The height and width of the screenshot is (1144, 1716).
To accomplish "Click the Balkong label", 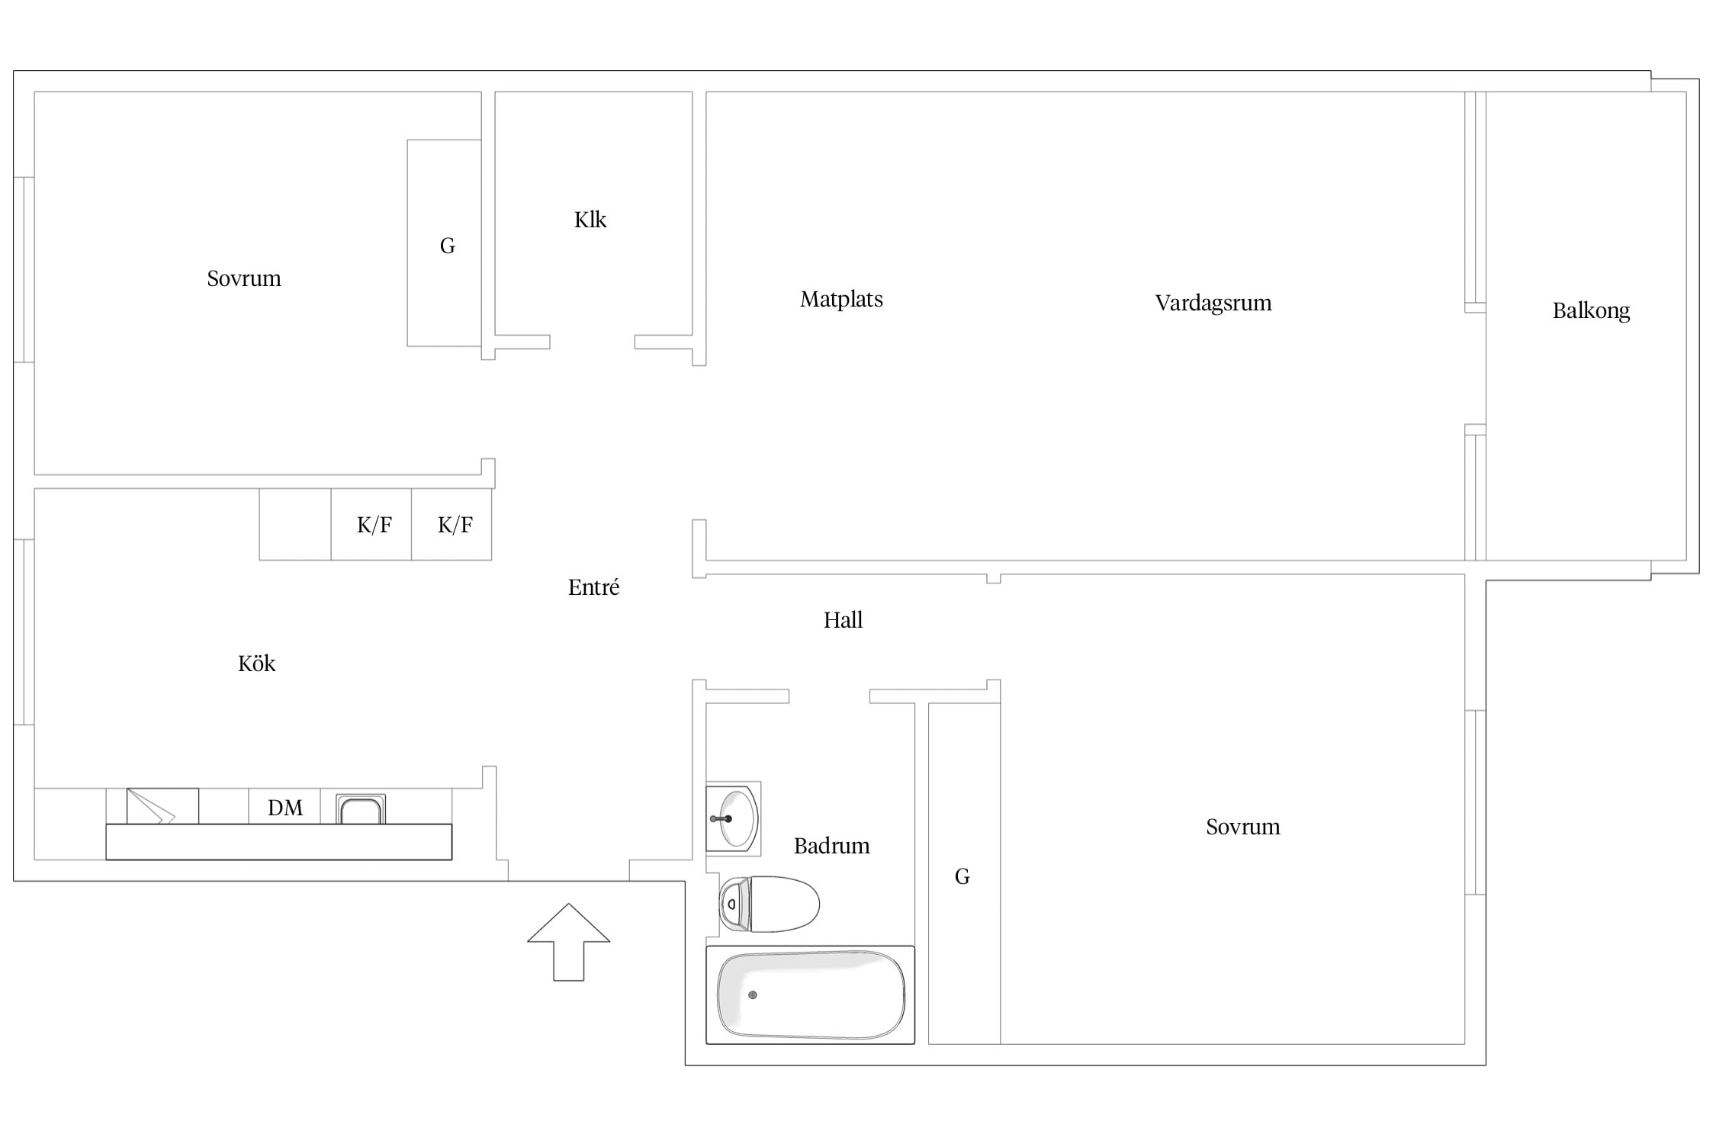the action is coord(1591,311).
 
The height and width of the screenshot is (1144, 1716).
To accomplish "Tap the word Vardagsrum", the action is coord(1213,304).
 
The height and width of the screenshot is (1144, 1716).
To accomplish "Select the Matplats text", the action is coord(841,299).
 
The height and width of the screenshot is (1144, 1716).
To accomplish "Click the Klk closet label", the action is coord(590,220).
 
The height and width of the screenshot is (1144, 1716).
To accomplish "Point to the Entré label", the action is coord(593,586).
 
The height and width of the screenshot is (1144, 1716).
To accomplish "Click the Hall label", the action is coord(843,619).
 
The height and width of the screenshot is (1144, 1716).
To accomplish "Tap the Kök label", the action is coord(256,663).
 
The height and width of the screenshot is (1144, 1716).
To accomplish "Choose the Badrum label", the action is coord(831,846).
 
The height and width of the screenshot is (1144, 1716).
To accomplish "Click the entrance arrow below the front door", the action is coord(568,942).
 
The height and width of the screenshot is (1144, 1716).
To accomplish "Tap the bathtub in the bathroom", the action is coord(810,995).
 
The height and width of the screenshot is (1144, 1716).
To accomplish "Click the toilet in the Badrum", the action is coord(769,904).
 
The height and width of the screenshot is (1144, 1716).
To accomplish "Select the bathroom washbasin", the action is coord(733,818).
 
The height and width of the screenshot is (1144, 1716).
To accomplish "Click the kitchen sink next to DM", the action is coord(361,809).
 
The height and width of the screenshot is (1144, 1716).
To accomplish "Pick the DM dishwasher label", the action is coord(284,808).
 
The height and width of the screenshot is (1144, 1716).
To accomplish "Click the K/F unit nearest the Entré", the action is coord(451,524).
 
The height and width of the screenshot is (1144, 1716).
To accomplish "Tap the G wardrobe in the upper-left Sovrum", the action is coord(445,243).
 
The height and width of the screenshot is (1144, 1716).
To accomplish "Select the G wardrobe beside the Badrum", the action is coord(964,873).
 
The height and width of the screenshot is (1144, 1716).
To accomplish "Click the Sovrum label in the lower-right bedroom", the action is coord(1242,827).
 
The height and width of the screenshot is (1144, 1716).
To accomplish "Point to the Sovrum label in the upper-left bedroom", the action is coord(244,278).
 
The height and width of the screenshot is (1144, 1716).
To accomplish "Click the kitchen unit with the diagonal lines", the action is coord(162,806).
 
